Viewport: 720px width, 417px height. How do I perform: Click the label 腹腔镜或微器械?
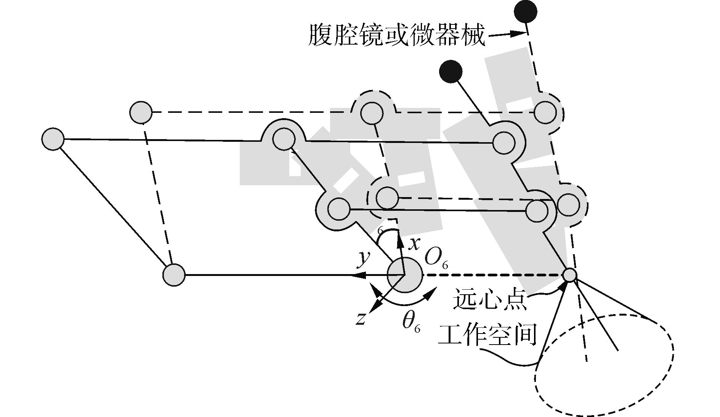click(x=396, y=35)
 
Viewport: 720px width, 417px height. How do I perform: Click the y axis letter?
click(x=364, y=259)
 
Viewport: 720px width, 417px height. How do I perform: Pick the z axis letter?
click(x=360, y=319)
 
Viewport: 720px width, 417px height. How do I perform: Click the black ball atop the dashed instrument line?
click(x=525, y=11)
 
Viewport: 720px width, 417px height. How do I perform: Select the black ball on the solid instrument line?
click(x=451, y=71)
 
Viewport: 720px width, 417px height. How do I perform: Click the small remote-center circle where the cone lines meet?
click(x=569, y=275)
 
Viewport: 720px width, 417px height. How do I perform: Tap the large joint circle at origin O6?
click(x=404, y=275)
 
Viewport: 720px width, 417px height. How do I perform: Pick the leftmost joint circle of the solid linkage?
click(x=53, y=139)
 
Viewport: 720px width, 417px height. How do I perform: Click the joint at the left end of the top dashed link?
click(x=141, y=112)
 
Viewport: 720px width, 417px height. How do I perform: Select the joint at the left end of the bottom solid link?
click(x=174, y=274)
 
